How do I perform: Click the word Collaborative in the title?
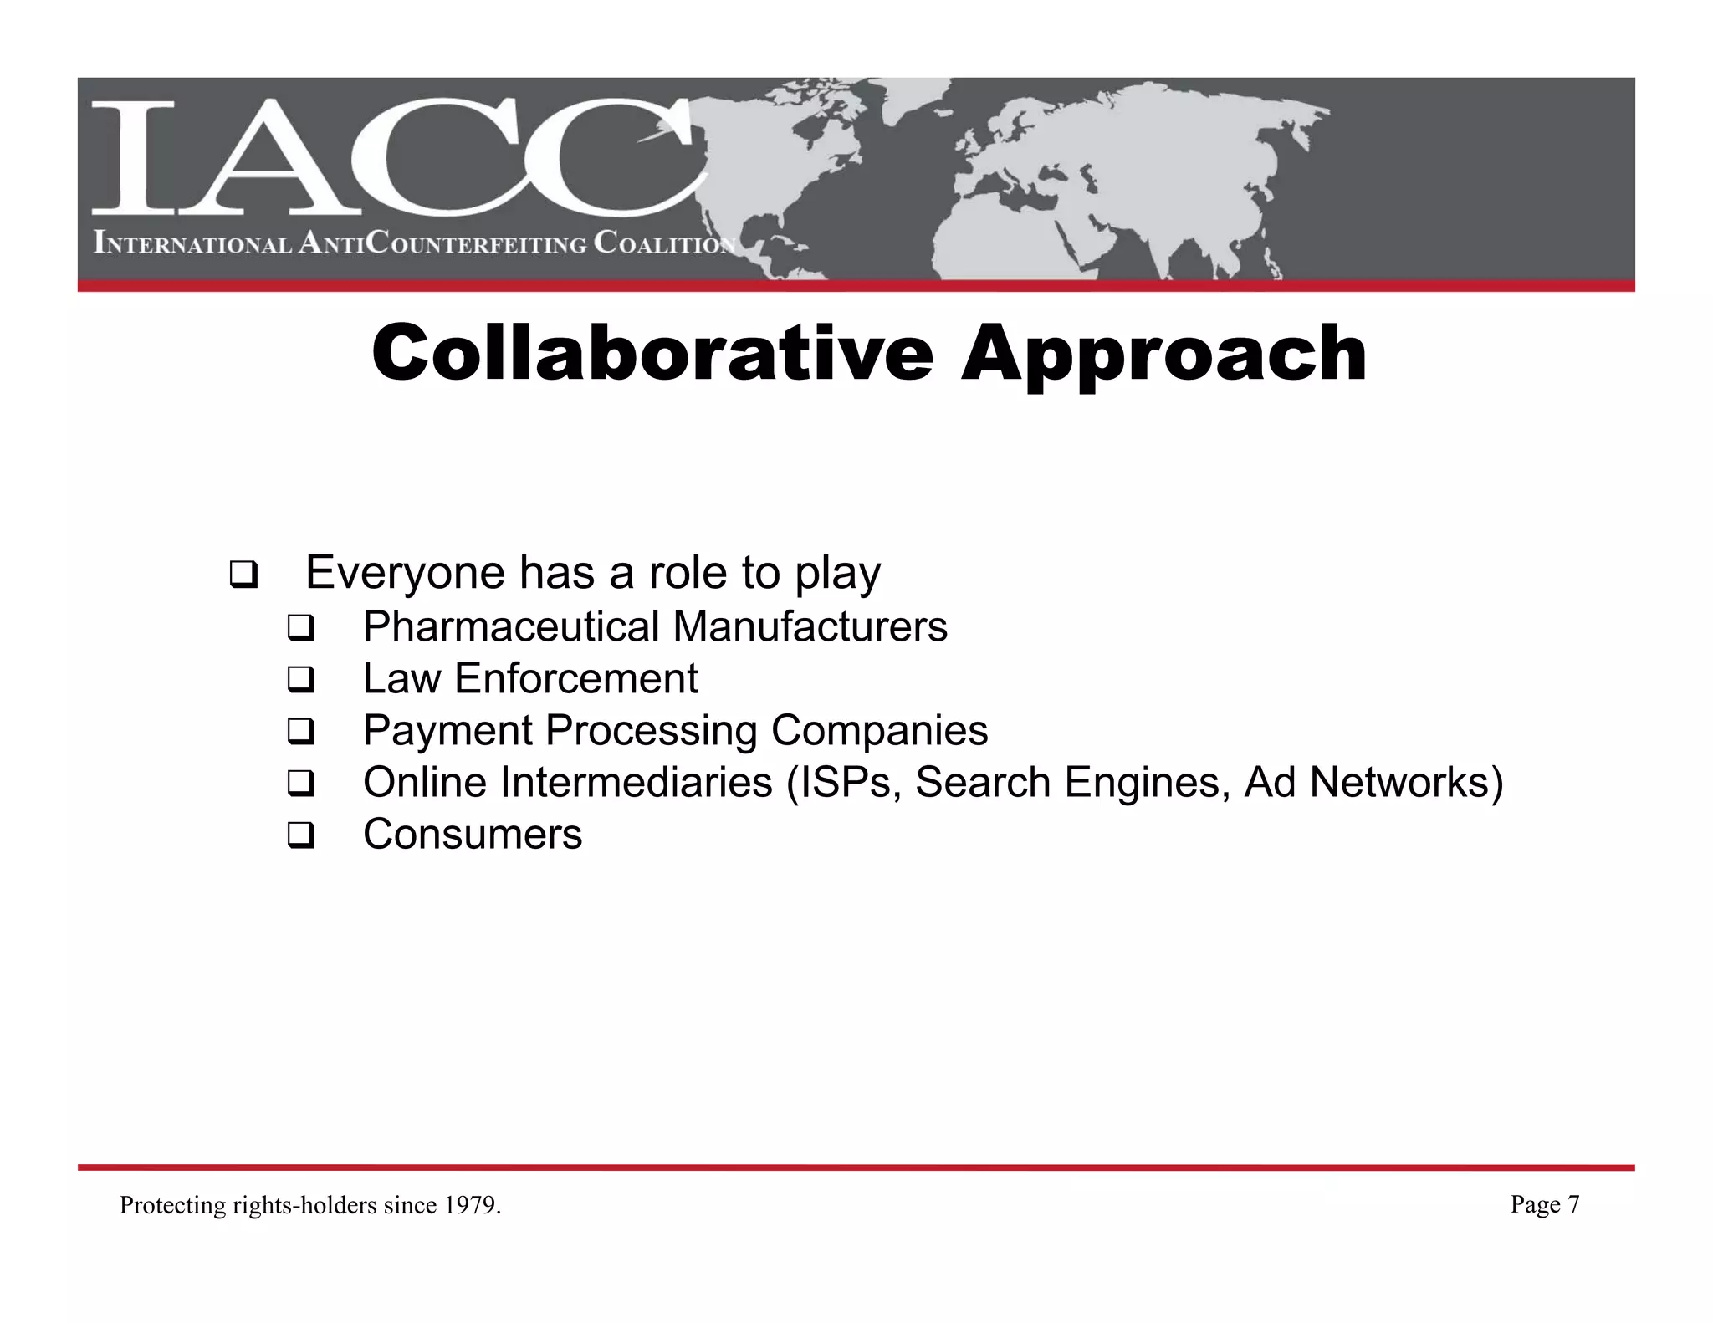[x=652, y=353]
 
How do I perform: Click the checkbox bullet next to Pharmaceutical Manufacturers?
[x=300, y=629]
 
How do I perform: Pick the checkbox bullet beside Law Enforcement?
[x=300, y=680]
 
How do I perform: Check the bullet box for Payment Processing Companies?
[x=300, y=733]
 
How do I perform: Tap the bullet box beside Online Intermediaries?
[x=300, y=784]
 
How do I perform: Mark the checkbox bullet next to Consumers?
[x=300, y=836]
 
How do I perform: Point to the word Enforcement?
[x=575, y=678]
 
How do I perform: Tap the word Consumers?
[x=473, y=835]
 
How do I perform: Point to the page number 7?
[x=1573, y=1204]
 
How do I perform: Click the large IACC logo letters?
[x=393, y=159]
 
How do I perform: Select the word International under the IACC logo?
[x=192, y=244]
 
